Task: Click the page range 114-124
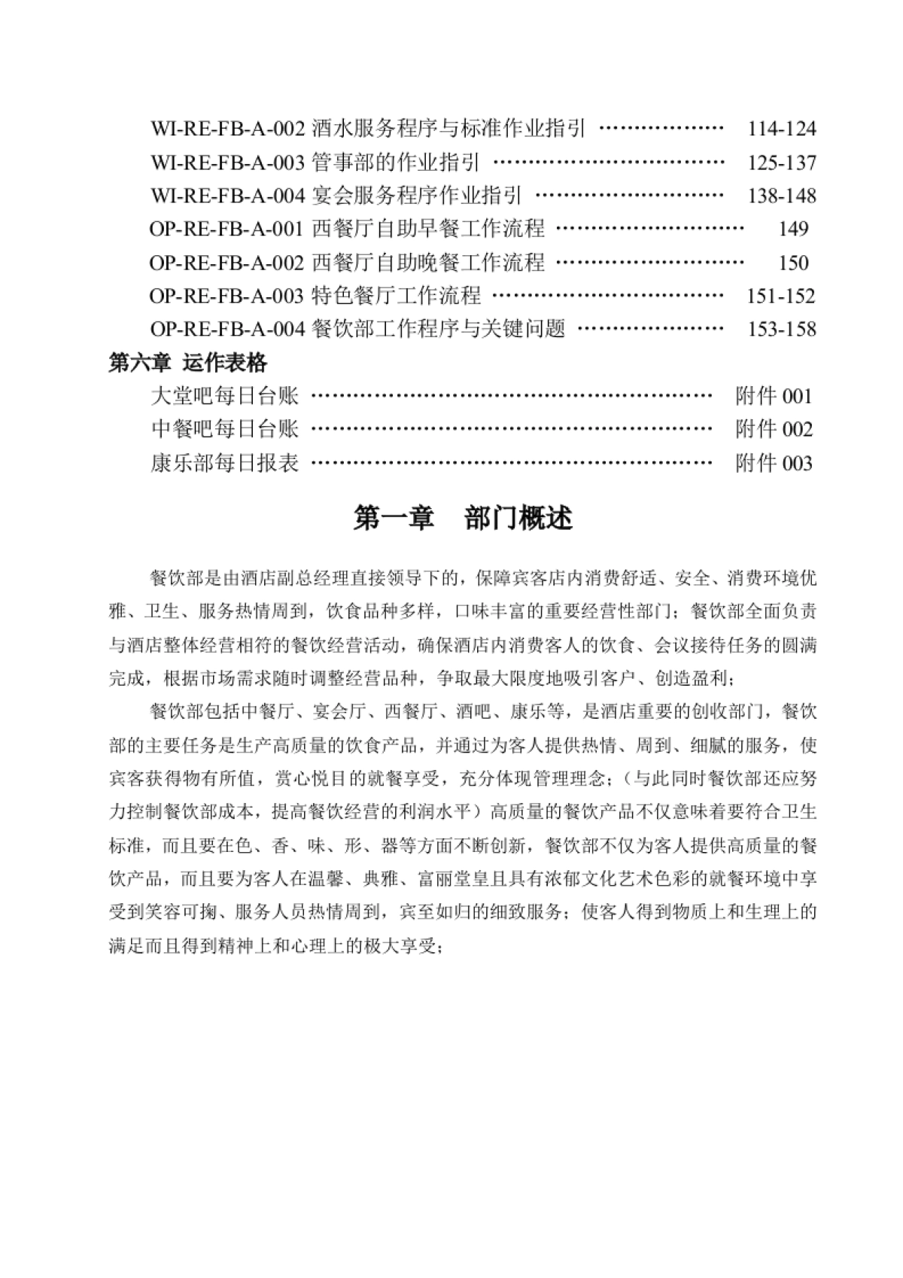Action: (x=781, y=129)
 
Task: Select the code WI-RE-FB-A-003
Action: (x=228, y=163)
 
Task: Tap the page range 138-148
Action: (x=781, y=196)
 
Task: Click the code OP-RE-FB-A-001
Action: (x=227, y=229)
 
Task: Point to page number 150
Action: (x=793, y=263)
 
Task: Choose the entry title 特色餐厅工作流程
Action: (x=396, y=296)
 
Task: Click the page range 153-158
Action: (x=781, y=329)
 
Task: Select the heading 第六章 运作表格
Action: (x=187, y=363)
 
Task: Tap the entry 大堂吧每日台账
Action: (x=225, y=396)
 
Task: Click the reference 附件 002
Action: (x=774, y=430)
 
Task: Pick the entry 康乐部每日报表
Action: (x=225, y=463)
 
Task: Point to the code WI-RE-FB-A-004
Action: (x=228, y=196)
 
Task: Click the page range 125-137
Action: (x=781, y=163)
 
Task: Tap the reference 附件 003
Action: (x=774, y=463)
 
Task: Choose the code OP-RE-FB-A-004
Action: (x=227, y=329)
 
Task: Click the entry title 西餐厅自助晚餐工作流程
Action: (x=427, y=263)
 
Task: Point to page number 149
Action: (x=793, y=229)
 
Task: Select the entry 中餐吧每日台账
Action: (x=225, y=430)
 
